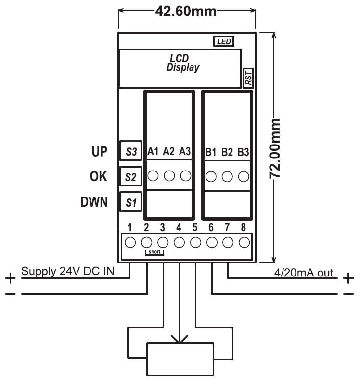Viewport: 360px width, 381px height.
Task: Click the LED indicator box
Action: tap(224, 42)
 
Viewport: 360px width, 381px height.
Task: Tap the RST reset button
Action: tap(248, 78)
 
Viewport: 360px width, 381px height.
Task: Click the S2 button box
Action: tap(130, 177)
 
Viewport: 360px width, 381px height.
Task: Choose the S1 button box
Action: tap(131, 202)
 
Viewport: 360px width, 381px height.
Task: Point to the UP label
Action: tap(100, 151)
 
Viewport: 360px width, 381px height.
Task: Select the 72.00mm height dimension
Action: tap(275, 148)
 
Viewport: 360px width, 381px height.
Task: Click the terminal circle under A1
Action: tap(153, 176)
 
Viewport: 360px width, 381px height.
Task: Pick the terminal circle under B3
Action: tap(244, 176)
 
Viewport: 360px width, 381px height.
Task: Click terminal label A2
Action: tap(169, 151)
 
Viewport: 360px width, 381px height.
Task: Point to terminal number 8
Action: tap(244, 227)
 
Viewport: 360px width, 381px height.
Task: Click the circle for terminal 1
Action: tap(130, 242)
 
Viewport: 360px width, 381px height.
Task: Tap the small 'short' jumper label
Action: tap(154, 252)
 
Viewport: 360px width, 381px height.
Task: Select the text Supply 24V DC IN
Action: tap(68, 272)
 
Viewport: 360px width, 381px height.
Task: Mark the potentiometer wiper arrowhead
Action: tap(180, 340)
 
